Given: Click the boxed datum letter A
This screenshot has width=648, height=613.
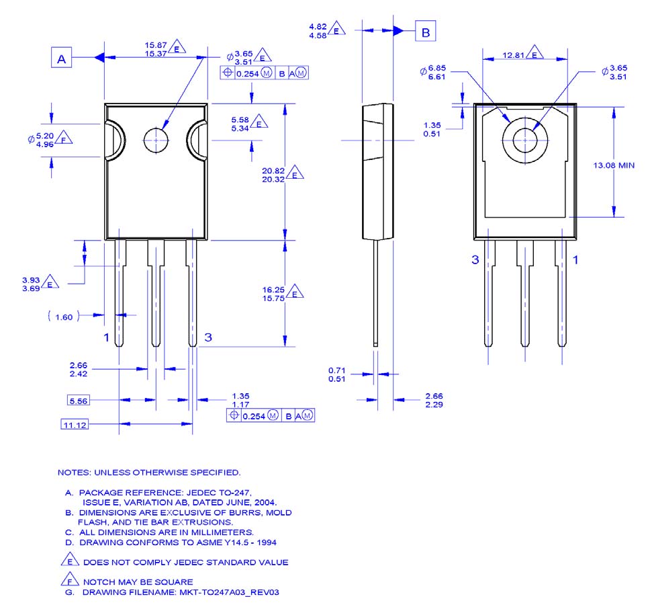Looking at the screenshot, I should [61, 59].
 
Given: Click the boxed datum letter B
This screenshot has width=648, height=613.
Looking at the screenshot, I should [424, 31].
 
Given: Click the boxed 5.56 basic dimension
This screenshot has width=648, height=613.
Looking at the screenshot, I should [79, 401].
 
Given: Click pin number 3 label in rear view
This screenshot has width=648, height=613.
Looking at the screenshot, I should [475, 259].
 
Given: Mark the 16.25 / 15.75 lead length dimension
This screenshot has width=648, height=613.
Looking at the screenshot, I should [274, 294].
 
